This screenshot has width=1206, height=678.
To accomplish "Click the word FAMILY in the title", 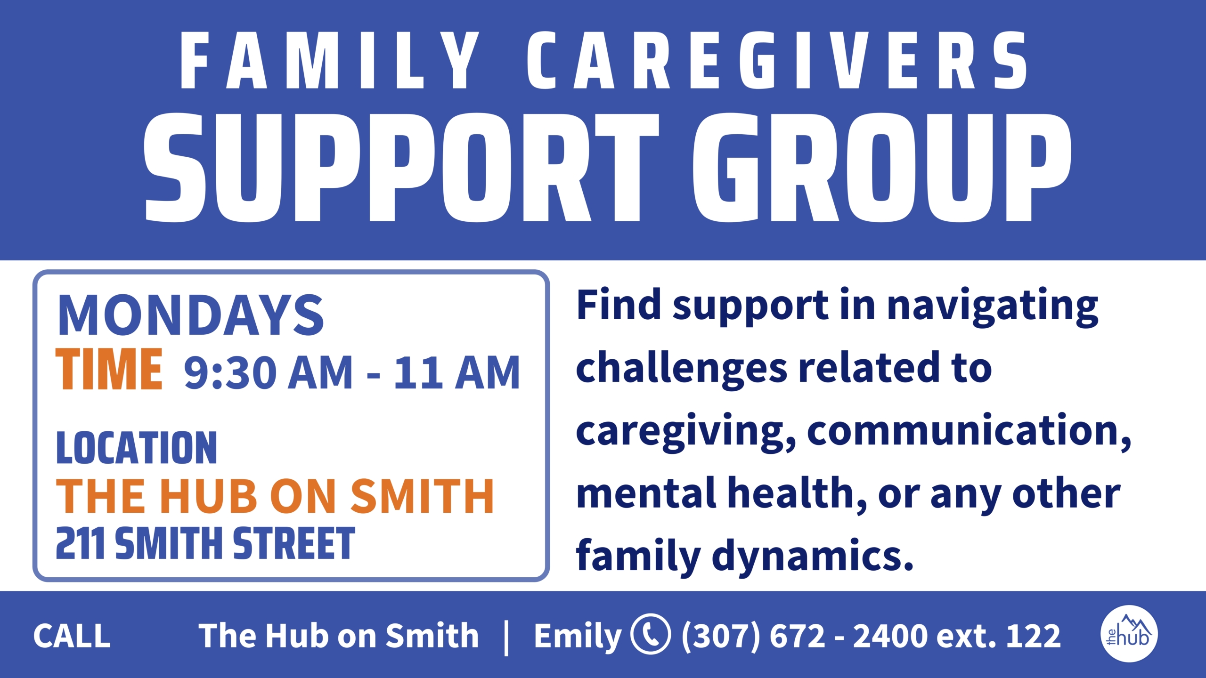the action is [x=330, y=60].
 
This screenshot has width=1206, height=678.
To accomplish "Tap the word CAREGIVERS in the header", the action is [x=777, y=60].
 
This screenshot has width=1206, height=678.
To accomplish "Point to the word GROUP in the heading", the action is [x=881, y=167].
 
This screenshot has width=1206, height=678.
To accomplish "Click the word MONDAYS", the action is [x=190, y=315].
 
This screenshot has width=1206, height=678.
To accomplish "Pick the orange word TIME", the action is [x=109, y=369].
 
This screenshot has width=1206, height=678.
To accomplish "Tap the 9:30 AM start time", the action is [x=268, y=372].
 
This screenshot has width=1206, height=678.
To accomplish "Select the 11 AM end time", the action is [x=456, y=372].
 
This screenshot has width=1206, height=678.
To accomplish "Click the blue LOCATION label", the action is [x=137, y=448].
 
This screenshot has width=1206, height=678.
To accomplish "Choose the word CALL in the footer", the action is [x=72, y=636].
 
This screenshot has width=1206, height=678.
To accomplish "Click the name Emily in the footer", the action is [x=578, y=637].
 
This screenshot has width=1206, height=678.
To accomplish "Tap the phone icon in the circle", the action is [x=651, y=634].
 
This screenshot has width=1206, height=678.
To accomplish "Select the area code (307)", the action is [x=721, y=636].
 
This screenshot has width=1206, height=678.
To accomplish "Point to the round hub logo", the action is [x=1129, y=634].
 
